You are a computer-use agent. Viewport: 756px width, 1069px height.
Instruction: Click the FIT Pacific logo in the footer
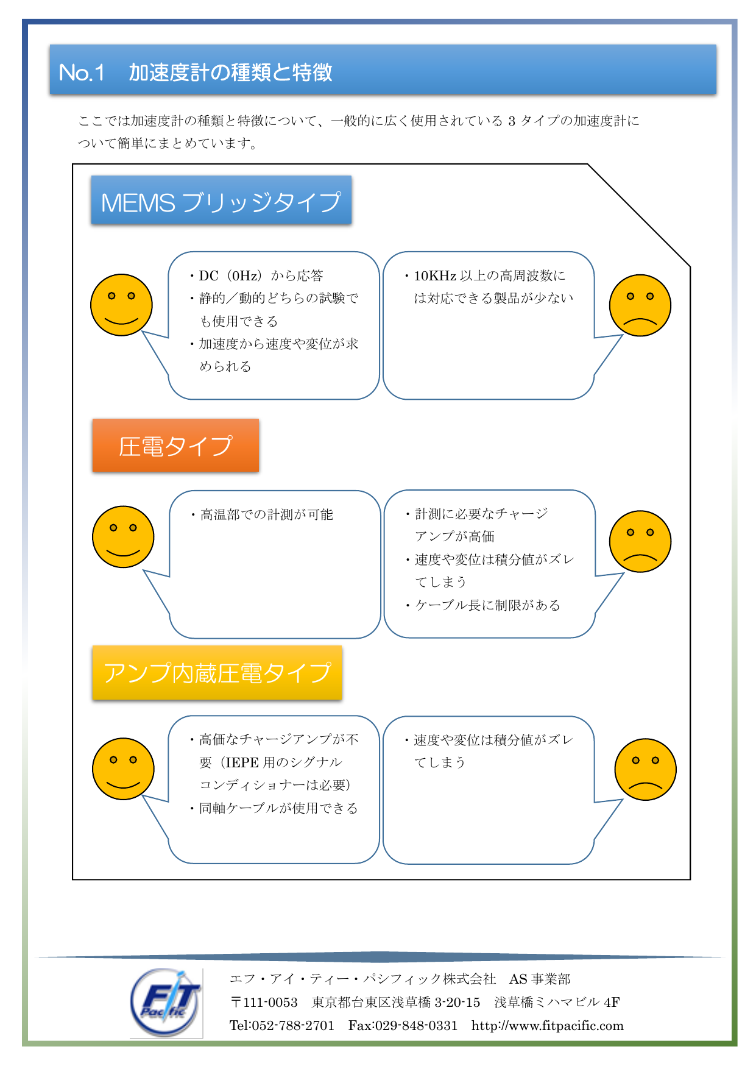pyautogui.click(x=166, y=1003)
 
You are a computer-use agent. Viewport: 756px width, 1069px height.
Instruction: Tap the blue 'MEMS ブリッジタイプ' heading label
pyautogui.click(x=221, y=201)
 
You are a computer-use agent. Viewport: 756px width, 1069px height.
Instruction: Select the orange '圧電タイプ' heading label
pyautogui.click(x=175, y=446)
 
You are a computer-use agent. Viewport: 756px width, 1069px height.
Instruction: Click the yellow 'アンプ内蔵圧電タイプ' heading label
pyautogui.click(x=217, y=673)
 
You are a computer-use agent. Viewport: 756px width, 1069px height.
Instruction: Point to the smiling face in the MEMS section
pyautogui.click(x=121, y=305)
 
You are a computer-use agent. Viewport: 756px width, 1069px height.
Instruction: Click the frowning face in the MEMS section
pyautogui.click(x=640, y=305)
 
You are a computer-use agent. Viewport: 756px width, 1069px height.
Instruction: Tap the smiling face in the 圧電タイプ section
pyautogui.click(x=123, y=537)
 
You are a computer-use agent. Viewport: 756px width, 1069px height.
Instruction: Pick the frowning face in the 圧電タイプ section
pyautogui.click(x=640, y=541)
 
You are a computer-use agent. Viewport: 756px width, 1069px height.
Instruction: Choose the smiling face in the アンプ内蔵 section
pyautogui.click(x=123, y=769)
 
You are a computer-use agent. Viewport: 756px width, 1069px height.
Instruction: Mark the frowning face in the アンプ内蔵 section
pyautogui.click(x=645, y=769)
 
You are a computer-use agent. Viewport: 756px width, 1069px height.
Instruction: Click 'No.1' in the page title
pyautogui.click(x=82, y=73)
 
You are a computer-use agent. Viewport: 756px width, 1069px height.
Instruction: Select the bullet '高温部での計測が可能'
pyautogui.click(x=266, y=515)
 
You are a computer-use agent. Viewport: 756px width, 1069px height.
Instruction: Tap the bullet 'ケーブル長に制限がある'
pyautogui.click(x=487, y=605)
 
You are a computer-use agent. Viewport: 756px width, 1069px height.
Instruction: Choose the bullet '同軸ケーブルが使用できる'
pyautogui.click(x=278, y=808)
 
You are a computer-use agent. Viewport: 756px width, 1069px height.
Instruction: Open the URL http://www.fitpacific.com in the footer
pyautogui.click(x=547, y=1026)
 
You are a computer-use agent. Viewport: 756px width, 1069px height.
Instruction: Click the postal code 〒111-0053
pyautogui.click(x=264, y=1003)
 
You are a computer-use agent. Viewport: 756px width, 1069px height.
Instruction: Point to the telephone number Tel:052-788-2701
pyautogui.click(x=281, y=1026)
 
